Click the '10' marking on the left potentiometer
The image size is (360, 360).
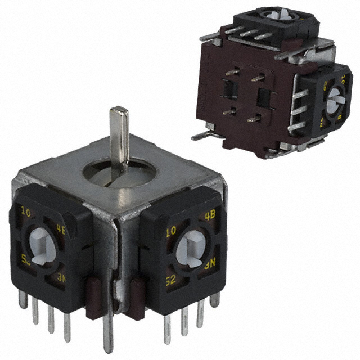pyautogui.click(x=25, y=212)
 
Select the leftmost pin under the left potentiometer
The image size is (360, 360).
pyautogui.click(x=23, y=300)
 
